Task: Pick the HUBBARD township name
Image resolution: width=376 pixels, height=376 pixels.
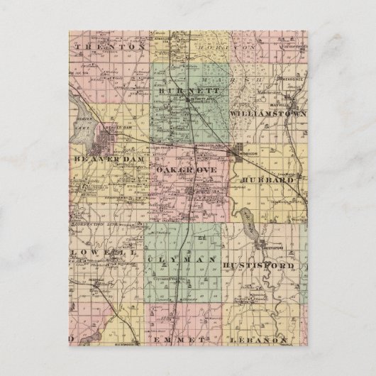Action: [267, 180]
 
